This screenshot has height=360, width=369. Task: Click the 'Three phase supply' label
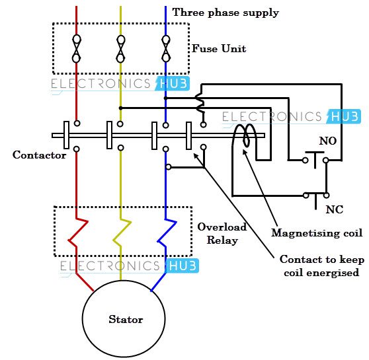[225, 13]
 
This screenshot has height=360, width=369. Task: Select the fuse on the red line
[76, 48]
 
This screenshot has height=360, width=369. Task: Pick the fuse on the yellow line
[120, 48]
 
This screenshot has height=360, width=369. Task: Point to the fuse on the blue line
[165, 48]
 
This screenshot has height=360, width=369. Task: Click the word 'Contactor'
[39, 155]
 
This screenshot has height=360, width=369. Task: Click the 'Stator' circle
[126, 320]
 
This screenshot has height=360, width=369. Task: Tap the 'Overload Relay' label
[222, 233]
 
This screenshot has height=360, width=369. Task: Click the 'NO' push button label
[327, 141]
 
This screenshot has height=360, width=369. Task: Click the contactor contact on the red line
[67, 135]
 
